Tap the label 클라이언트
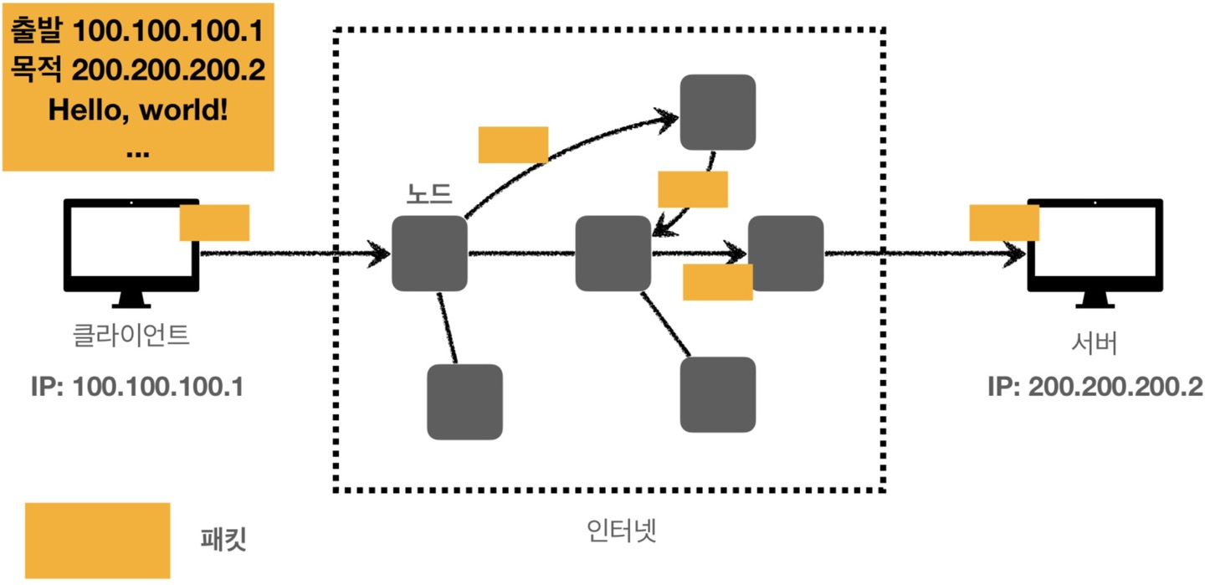(x=131, y=336)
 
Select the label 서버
(x=1095, y=344)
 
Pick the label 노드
(x=428, y=194)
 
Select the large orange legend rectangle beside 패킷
(x=97, y=540)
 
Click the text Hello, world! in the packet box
(x=138, y=110)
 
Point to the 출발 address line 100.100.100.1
(x=138, y=32)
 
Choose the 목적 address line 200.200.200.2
(x=138, y=70)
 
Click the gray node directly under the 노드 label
(x=429, y=254)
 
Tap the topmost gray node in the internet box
(x=717, y=112)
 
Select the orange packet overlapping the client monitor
(x=214, y=223)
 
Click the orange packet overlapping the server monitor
(x=1003, y=223)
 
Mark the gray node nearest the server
(x=786, y=254)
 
